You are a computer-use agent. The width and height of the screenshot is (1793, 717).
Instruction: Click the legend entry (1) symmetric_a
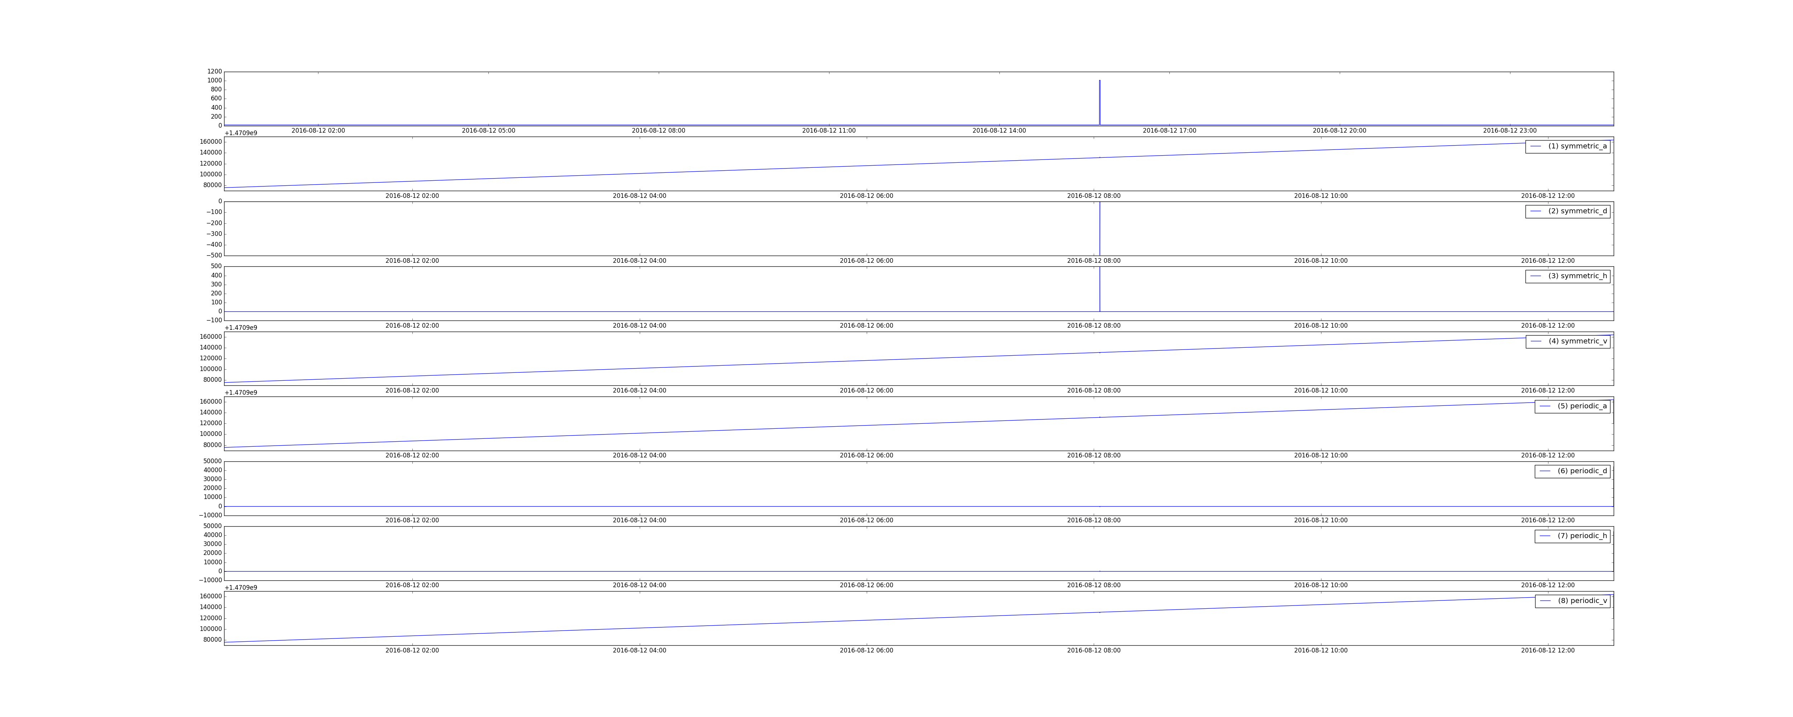click(x=1567, y=146)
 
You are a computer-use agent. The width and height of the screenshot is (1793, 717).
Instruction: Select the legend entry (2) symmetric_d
click(x=1567, y=211)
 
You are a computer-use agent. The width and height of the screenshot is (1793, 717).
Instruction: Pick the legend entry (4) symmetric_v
click(x=1567, y=341)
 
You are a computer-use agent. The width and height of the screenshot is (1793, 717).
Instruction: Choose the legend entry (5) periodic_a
click(x=1572, y=406)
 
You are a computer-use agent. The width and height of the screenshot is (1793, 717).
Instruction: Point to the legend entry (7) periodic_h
click(x=1572, y=536)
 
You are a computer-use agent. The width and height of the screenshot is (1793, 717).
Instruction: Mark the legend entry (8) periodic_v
click(x=1572, y=601)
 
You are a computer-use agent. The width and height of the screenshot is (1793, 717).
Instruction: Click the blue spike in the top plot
click(x=1100, y=102)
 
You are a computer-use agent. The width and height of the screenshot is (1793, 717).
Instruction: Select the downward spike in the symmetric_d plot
click(x=1100, y=228)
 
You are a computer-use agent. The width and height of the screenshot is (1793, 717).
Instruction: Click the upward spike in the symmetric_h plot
click(x=1100, y=289)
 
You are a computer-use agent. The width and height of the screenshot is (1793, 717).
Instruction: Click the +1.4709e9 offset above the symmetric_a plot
click(x=241, y=133)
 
